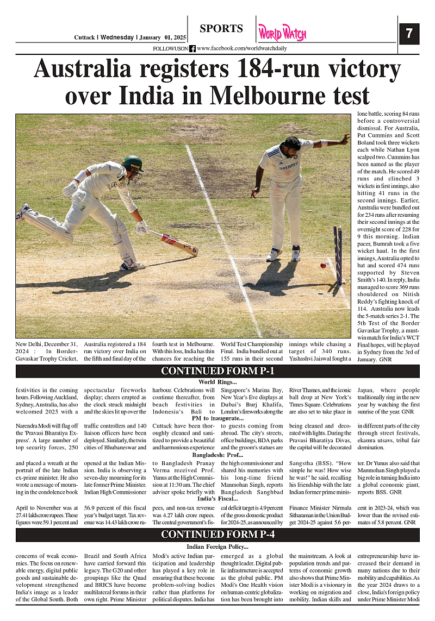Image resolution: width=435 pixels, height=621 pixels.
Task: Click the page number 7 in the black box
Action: pos(409,34)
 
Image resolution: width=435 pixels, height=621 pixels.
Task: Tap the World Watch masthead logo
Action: pos(282,33)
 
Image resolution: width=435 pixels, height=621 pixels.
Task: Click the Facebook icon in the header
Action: pos(192,48)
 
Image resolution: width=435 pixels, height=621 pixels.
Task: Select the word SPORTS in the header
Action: pos(221,29)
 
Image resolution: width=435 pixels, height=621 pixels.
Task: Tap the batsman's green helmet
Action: pos(132,162)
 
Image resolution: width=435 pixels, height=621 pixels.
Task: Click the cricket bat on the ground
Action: pos(175,242)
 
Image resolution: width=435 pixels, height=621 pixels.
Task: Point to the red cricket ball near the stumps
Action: pos(323,265)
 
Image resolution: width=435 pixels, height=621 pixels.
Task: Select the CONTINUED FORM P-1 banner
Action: pos(217,371)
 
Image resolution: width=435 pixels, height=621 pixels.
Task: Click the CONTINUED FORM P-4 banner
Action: pos(217,535)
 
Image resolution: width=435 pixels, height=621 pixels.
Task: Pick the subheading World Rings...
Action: pos(217,382)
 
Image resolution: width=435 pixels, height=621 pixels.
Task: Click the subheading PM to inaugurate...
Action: pos(217,418)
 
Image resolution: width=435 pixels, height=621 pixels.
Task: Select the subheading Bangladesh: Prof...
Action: pos(217,455)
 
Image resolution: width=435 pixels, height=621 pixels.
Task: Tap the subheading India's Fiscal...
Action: pos(217,498)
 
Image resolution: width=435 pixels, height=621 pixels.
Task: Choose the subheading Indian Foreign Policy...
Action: pos(217,547)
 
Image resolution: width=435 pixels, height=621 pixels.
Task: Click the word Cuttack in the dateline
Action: pos(86,37)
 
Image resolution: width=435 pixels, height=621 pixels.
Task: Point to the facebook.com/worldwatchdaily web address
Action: pos(242,48)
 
